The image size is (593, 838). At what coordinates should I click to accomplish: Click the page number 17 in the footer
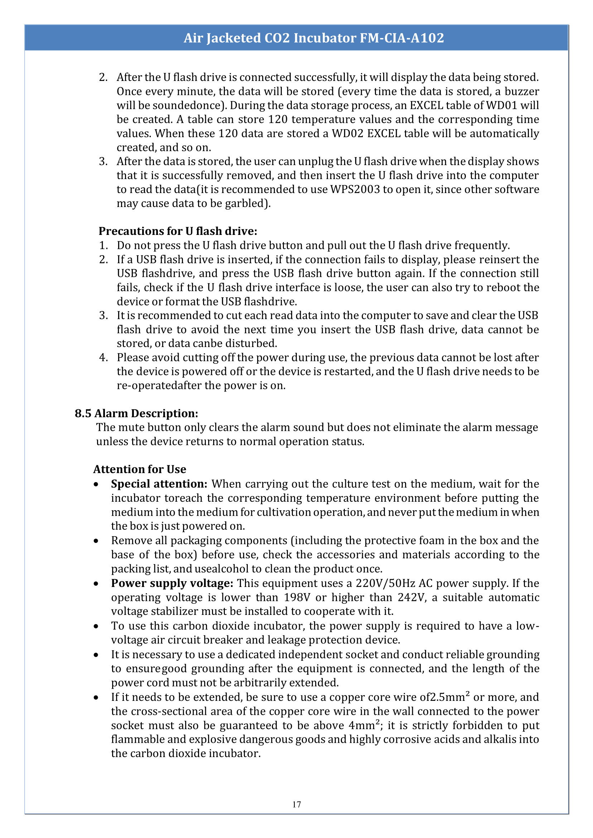pos(296,804)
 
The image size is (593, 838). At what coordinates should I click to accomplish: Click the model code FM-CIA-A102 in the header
pos(402,38)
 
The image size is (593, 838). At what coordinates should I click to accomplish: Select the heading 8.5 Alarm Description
pos(136,413)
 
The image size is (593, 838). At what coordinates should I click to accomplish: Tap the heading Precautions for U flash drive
pos(178,231)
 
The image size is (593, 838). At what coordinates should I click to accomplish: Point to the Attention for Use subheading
pos(140,469)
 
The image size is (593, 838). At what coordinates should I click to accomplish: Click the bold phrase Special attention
pos(159,484)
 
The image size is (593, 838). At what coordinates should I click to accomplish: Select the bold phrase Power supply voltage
pos(172,583)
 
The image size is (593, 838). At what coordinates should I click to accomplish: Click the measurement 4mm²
pos(364,725)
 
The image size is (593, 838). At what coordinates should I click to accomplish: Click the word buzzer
pos(522,91)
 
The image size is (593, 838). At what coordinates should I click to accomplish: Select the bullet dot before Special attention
pos(96,485)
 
